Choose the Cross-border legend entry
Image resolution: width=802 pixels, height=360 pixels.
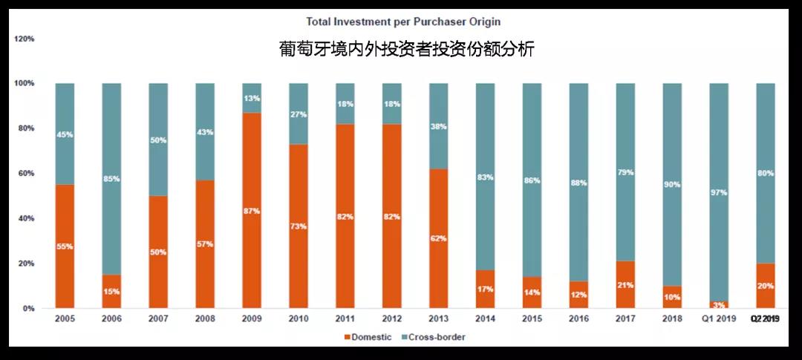434,337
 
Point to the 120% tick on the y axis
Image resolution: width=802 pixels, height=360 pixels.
24,38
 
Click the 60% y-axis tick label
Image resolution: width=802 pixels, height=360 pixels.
24,174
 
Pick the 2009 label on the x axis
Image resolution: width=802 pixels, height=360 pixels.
252,319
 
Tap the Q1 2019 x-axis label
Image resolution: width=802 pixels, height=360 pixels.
718,319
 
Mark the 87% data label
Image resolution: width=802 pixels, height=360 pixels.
252,212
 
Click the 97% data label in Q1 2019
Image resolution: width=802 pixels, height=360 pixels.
718,192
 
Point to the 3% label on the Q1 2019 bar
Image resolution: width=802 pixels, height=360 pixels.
718,305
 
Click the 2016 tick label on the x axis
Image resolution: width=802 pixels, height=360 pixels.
578,319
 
